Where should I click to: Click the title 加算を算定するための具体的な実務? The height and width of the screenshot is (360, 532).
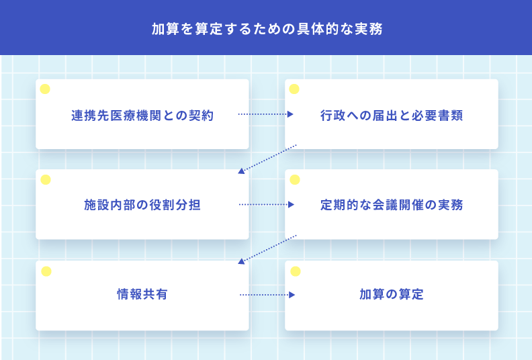tap(267, 29)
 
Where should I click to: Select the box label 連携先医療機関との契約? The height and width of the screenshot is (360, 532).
tap(142, 116)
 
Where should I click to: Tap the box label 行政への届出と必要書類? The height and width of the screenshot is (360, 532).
tap(392, 116)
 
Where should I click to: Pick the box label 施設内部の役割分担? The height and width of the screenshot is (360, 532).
tap(142, 205)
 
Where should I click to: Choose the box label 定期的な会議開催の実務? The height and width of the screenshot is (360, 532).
tap(392, 205)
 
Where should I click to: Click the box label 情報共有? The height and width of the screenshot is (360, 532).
tap(142, 294)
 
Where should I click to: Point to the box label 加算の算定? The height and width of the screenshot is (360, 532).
tap(392, 294)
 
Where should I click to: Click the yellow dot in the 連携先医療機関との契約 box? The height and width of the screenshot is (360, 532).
tap(45, 89)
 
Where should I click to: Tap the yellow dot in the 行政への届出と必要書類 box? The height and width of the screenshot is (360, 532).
tap(294, 89)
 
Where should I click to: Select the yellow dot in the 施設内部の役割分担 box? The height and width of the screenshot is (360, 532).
tap(46, 180)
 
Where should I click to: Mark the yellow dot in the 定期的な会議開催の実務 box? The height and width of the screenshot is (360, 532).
tap(295, 180)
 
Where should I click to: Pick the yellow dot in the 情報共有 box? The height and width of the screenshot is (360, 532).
tap(46, 271)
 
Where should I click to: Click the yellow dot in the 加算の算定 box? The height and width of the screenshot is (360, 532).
tap(296, 271)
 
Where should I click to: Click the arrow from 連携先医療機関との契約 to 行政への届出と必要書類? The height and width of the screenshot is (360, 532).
tap(265, 114)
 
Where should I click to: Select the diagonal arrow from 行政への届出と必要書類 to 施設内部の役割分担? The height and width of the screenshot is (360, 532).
tap(267, 159)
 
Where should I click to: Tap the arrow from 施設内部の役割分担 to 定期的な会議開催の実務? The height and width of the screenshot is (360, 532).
tap(267, 205)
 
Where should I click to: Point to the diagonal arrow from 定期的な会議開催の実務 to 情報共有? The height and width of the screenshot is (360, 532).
tap(267, 249)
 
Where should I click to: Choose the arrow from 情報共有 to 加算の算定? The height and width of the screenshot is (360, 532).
tap(267, 295)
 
